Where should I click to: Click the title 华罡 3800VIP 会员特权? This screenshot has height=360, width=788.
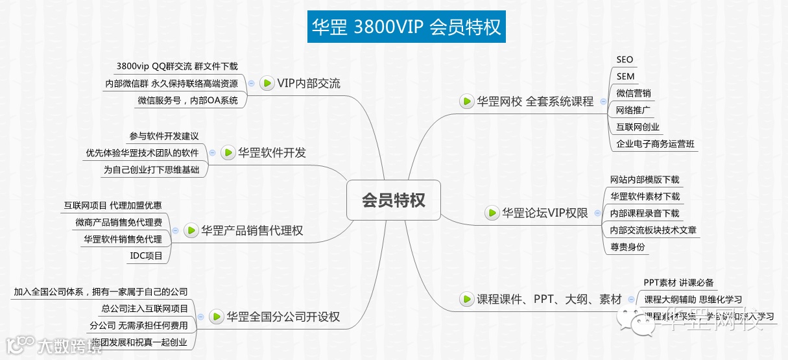(x=407, y=28)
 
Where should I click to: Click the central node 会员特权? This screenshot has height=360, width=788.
(x=394, y=200)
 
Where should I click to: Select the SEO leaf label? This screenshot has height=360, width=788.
(x=625, y=60)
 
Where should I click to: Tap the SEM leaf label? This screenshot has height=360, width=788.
(x=625, y=77)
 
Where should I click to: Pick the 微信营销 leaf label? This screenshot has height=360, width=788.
(x=634, y=93)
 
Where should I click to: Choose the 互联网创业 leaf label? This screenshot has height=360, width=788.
(x=638, y=127)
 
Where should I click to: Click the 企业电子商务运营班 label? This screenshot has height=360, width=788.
(x=655, y=144)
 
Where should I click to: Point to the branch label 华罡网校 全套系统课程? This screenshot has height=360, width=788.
(x=535, y=101)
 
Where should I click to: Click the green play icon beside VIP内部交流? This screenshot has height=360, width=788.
(x=267, y=83)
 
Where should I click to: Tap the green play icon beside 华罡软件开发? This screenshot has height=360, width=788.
(x=228, y=153)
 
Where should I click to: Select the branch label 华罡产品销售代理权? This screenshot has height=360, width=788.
(x=252, y=230)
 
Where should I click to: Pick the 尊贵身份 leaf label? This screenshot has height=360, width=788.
(x=627, y=246)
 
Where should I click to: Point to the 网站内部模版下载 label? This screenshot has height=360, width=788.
(x=645, y=180)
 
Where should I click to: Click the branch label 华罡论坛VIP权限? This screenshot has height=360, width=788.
(x=545, y=213)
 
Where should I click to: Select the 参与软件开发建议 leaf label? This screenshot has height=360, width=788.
(x=163, y=136)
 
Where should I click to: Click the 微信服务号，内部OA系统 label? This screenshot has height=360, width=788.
(x=187, y=101)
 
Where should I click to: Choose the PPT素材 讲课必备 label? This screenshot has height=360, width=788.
(x=678, y=283)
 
